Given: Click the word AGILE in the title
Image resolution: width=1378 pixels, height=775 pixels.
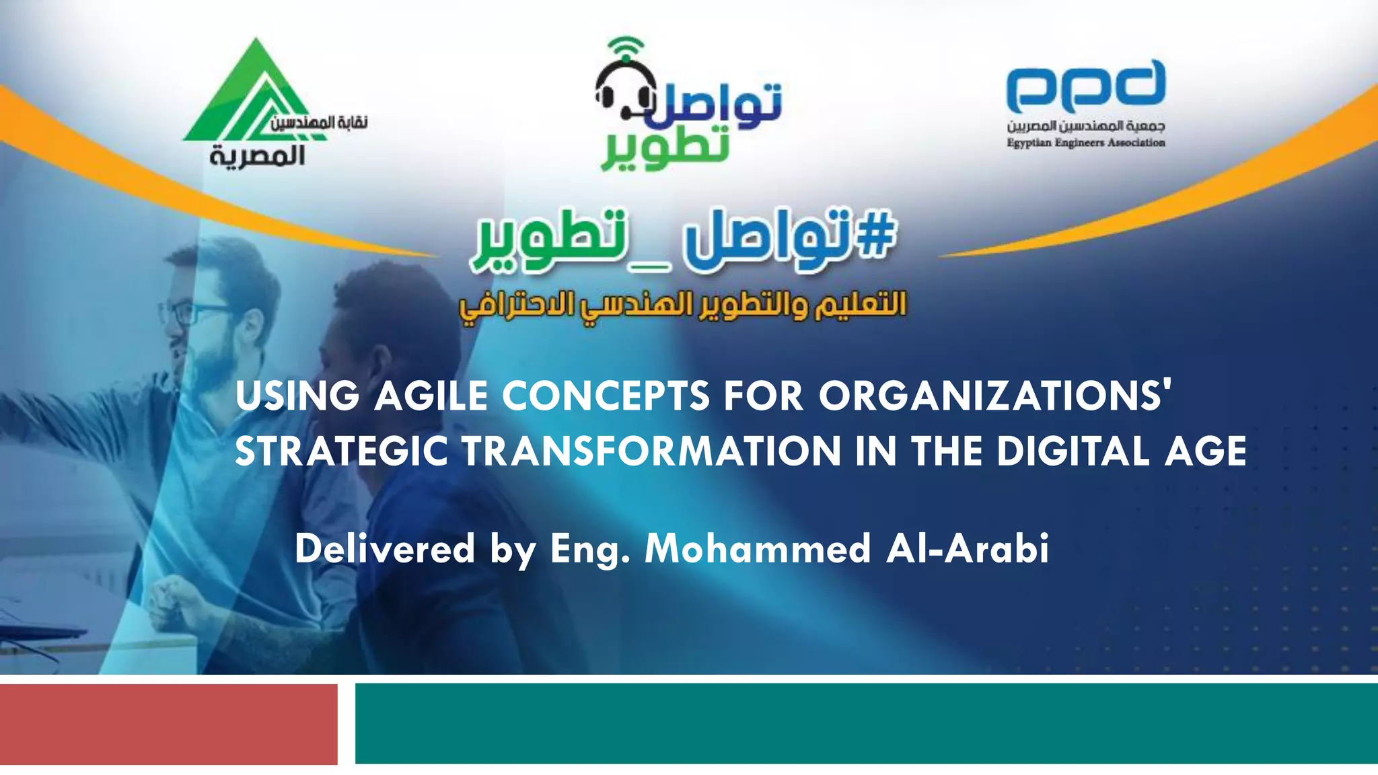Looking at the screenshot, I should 431,396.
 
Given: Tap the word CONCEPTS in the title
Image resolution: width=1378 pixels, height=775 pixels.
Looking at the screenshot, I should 606,396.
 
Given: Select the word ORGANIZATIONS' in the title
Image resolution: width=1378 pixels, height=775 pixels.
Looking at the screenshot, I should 995,396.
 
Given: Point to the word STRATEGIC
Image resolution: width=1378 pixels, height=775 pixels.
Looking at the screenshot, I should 341,451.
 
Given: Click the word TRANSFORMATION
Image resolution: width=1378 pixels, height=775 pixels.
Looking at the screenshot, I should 651,451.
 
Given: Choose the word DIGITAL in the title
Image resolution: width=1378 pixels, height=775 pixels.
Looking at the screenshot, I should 1073,451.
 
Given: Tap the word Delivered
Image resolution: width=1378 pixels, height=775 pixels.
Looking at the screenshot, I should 385,548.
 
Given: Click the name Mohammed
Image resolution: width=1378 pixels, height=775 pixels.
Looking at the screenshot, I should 758,548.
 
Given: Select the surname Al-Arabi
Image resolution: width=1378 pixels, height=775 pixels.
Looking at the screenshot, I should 968,548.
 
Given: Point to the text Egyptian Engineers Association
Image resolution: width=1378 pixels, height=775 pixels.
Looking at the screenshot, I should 1085,143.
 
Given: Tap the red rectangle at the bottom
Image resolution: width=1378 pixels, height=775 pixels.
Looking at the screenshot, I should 168,724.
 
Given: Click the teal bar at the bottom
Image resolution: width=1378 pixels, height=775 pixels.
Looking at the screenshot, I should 866,723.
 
